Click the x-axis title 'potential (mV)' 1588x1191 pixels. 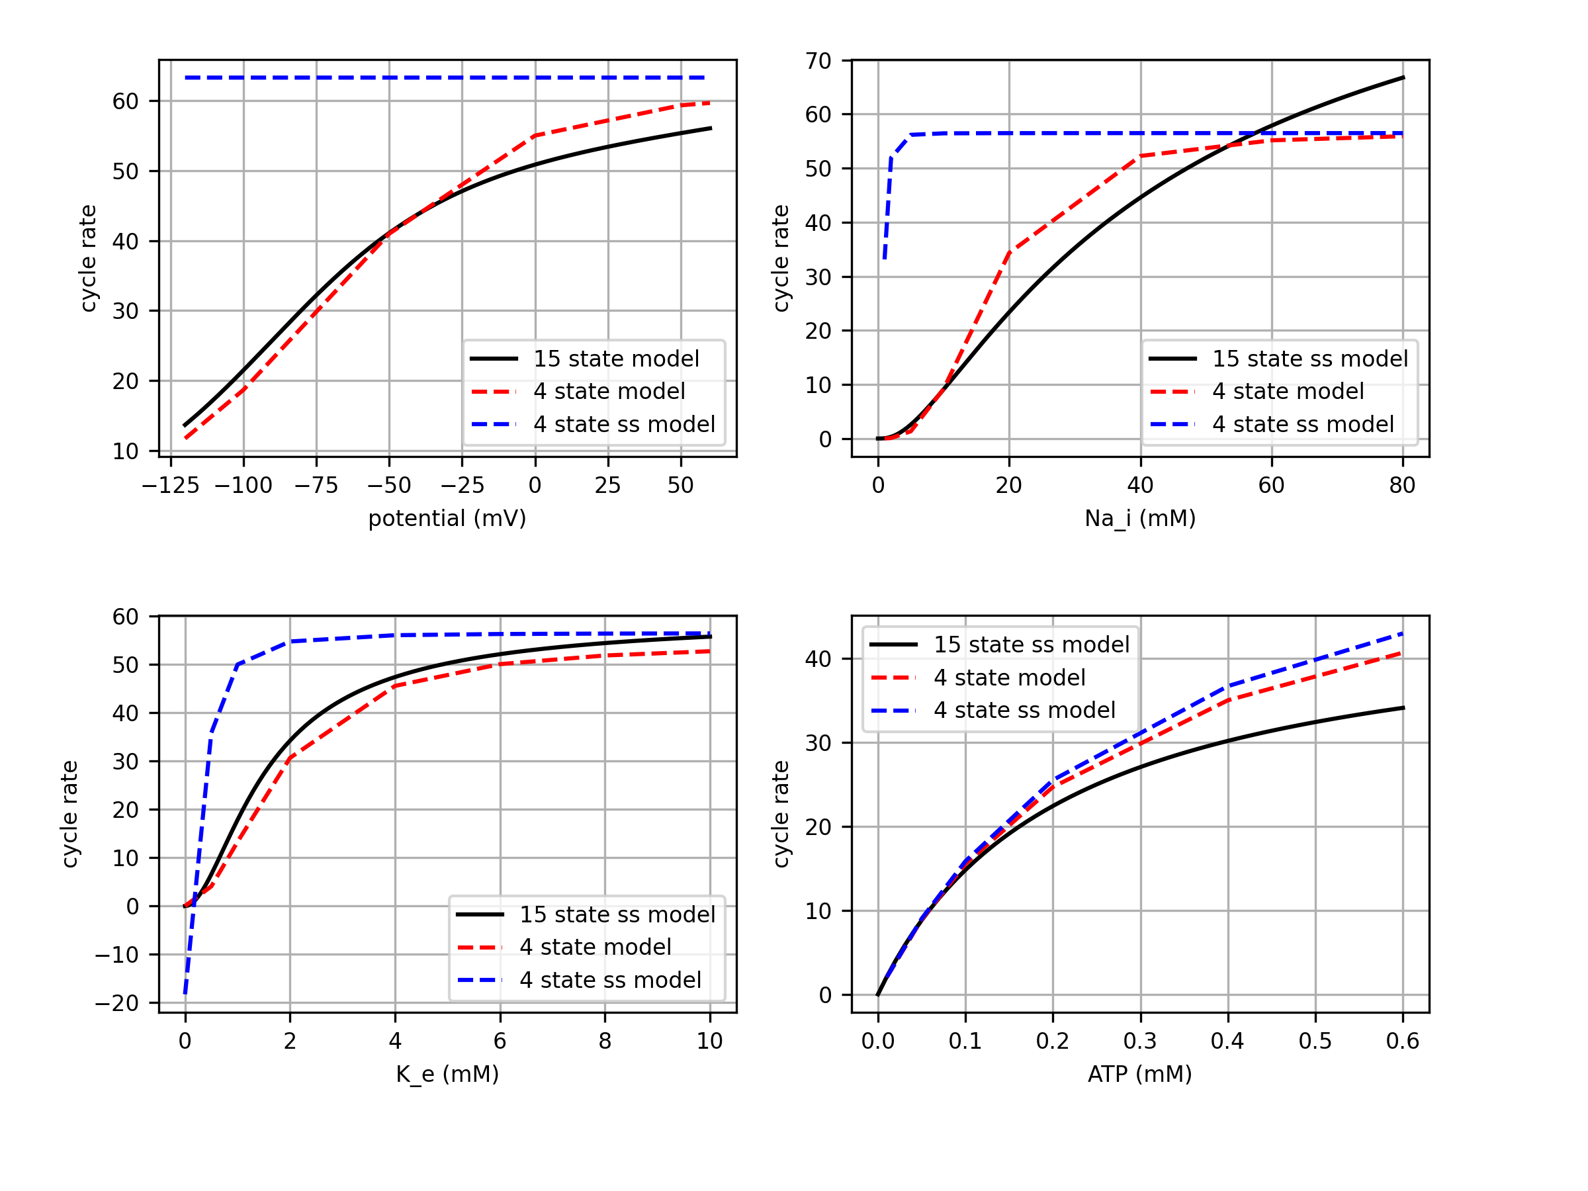tap(447, 518)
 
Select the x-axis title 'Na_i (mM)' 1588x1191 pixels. tap(1139, 518)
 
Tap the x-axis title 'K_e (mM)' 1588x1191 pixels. tap(447, 1074)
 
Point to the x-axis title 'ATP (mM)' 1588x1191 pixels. tap(1139, 1074)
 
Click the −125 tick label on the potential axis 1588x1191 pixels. tap(170, 486)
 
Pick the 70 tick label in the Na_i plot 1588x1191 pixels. tap(818, 61)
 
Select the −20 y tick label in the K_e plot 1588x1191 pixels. tap(116, 1003)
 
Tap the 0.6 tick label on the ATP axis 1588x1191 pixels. tap(1402, 1041)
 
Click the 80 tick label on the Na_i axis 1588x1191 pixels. tap(1402, 486)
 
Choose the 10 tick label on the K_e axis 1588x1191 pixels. tap(709, 1041)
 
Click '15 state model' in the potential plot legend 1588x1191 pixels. tap(616, 359)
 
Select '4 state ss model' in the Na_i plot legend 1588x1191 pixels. tap(1303, 424)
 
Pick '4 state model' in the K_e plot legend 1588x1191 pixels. tap(595, 948)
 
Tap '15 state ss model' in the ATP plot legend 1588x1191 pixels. tap(1031, 644)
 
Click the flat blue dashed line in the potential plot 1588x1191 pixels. tap(445, 77)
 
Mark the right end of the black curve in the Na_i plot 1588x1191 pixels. tap(1403, 77)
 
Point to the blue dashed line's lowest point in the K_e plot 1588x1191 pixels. tap(185, 993)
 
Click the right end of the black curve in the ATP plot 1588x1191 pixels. tap(1403, 708)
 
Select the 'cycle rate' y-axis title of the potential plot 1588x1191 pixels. tap(87, 259)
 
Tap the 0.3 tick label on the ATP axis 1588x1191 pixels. tap(1140, 1041)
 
